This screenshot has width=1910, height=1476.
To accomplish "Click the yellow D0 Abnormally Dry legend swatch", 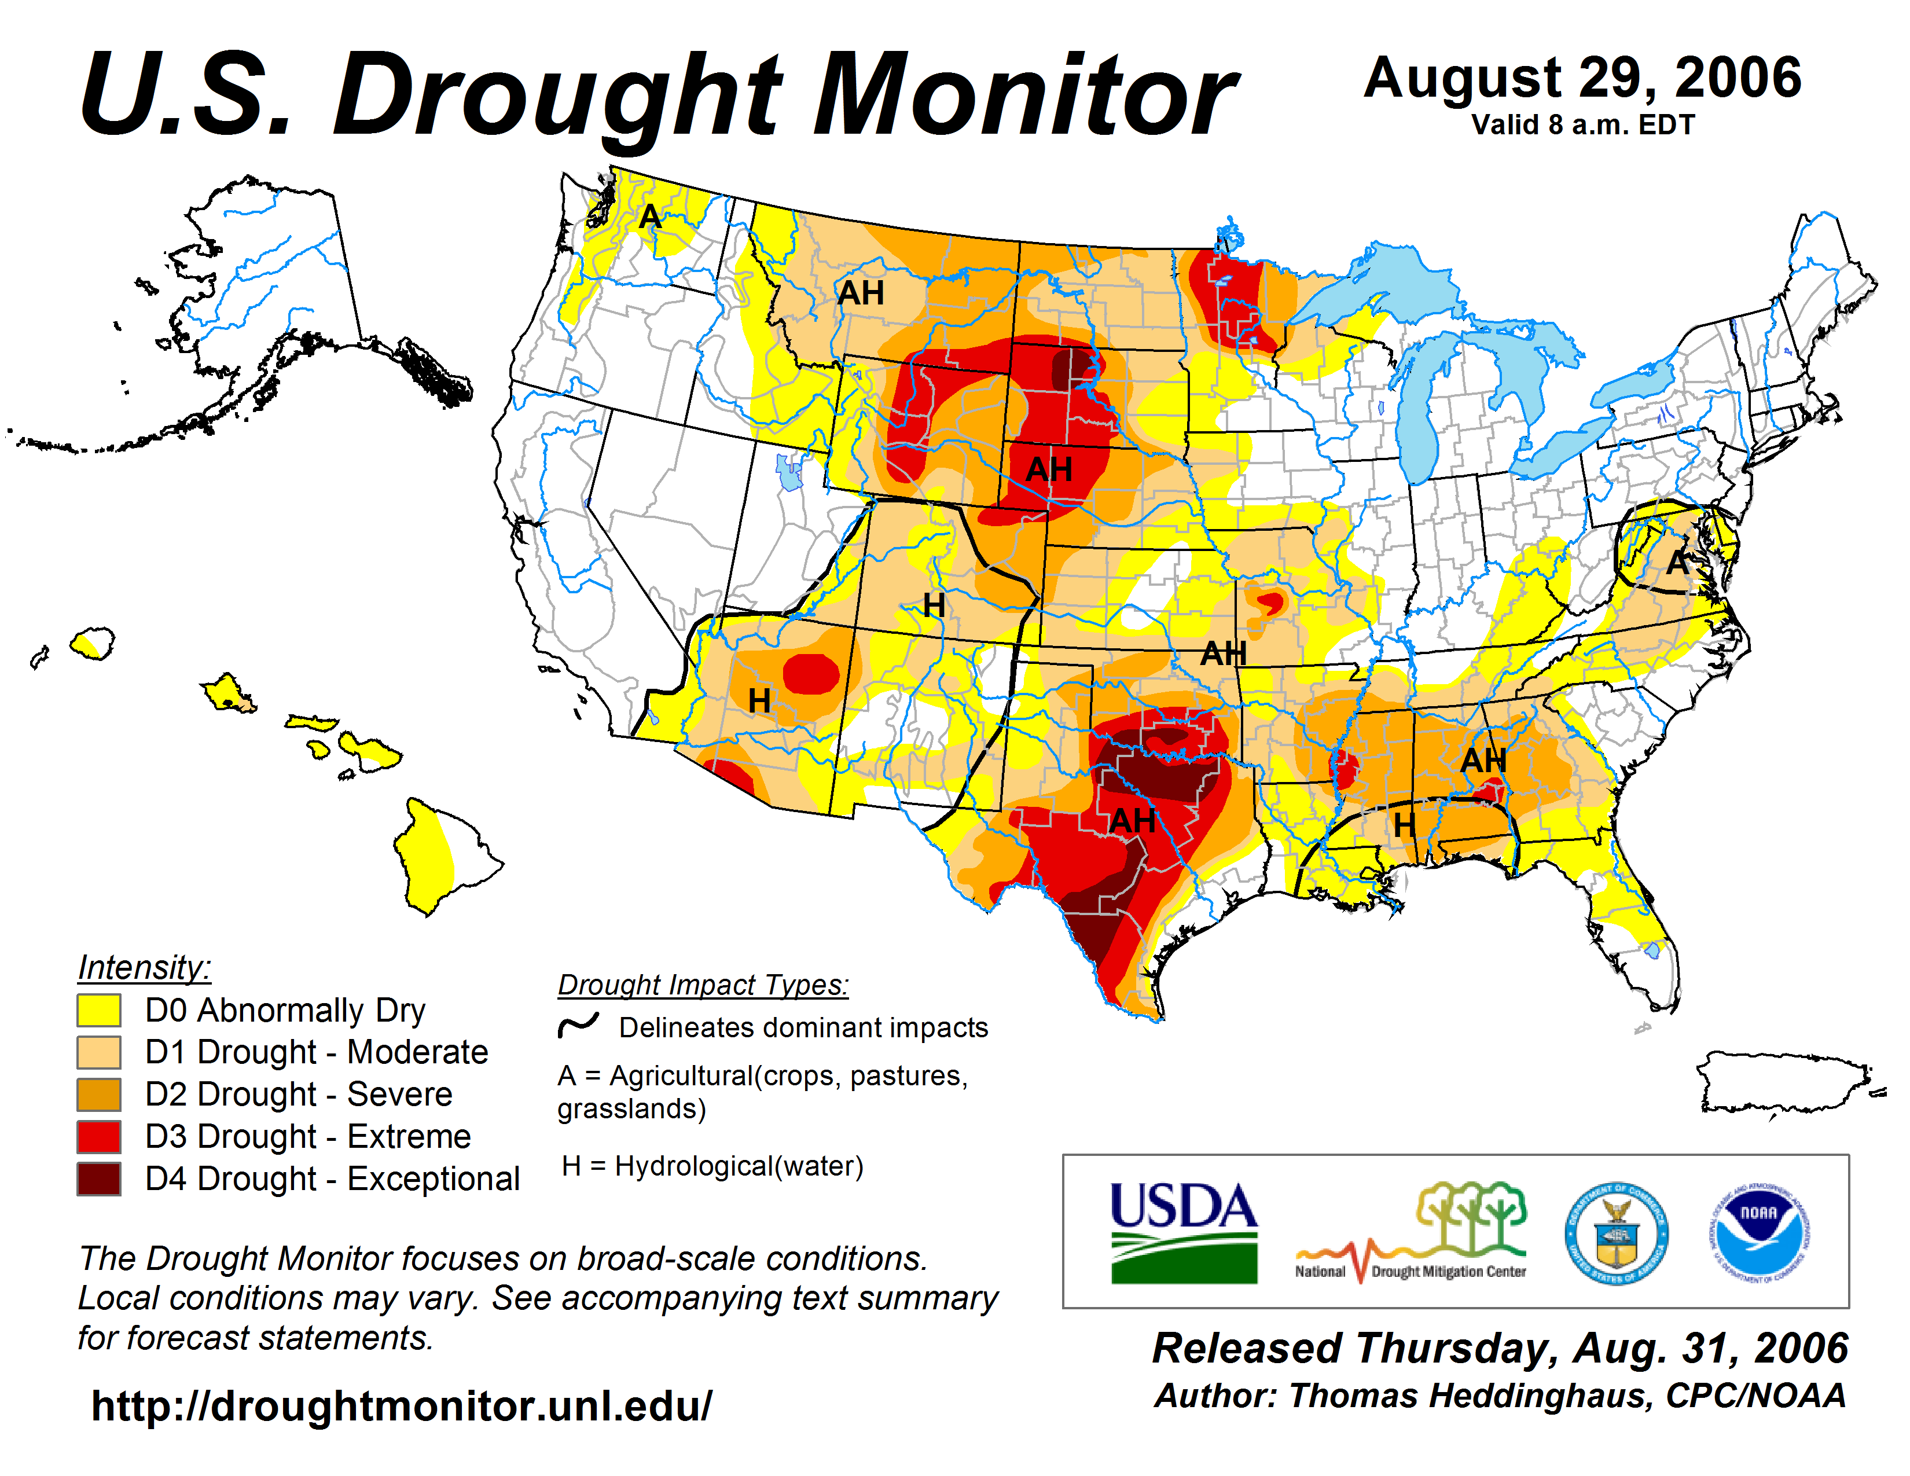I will [99, 1010].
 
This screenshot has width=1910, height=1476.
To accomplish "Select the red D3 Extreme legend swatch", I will [99, 1137].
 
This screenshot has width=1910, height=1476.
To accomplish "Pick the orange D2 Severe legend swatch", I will [99, 1095].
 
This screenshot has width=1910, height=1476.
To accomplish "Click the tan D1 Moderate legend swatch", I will [99, 1053].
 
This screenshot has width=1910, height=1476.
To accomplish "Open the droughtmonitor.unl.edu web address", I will [402, 1405].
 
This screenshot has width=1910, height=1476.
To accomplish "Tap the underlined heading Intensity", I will [144, 968].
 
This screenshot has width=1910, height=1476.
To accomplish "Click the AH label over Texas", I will [1133, 820].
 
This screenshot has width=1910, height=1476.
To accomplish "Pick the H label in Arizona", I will [759, 700].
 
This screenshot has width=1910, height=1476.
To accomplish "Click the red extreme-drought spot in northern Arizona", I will [811, 673].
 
